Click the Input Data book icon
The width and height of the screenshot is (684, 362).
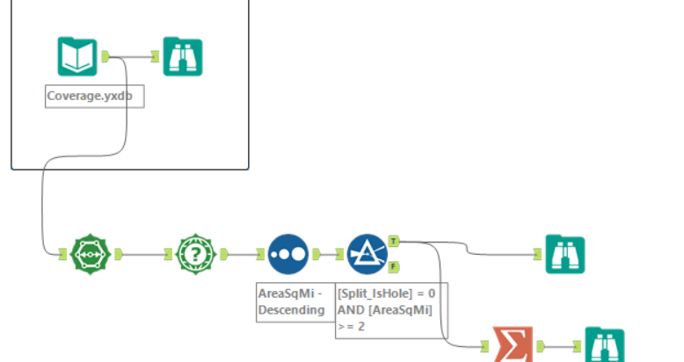pos(77,57)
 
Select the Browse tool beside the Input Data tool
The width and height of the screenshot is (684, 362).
pos(183,57)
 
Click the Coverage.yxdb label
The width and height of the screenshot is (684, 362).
pos(94,95)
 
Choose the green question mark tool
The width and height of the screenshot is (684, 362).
pos(195,254)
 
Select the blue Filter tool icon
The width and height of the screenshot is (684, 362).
pos(367,254)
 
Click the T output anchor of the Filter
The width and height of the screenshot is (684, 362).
pos(393,240)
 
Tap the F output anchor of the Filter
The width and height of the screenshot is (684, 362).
pos(393,266)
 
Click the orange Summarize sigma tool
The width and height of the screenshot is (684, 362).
pos(511,346)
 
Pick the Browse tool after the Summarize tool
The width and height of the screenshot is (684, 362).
pos(604,346)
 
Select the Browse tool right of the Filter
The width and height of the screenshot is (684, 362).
pos(564,254)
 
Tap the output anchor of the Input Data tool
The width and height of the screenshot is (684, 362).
pos(105,57)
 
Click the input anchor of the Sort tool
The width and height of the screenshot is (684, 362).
pos(260,254)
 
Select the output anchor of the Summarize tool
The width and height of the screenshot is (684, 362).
pos(540,346)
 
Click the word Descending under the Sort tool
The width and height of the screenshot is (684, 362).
pos(291,310)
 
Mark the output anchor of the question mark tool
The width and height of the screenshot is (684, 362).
pos(224,254)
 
